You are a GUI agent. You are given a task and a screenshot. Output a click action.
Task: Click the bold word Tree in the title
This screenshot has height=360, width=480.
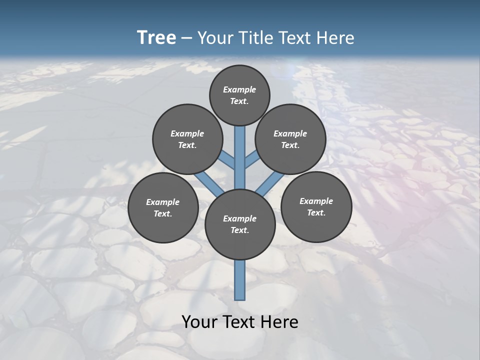tap(156, 37)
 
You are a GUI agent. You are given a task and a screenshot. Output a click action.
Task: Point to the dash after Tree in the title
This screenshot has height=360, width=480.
tap(186, 38)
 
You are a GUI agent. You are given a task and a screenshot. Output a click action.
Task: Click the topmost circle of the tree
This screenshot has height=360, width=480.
tap(239, 95)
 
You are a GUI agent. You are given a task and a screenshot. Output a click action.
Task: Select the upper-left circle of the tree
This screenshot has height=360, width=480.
tap(187, 139)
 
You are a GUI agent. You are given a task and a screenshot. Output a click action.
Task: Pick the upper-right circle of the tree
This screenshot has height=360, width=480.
tap(290, 139)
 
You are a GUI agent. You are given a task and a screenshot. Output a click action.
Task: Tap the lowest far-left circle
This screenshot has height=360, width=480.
tap(163, 207)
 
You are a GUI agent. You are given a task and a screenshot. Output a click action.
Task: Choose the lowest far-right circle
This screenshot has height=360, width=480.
tap(316, 206)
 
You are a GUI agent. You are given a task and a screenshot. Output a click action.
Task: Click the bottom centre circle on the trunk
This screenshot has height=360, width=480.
tap(240, 224)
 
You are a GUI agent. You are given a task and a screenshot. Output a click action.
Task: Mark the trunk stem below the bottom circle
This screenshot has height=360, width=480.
tap(240, 280)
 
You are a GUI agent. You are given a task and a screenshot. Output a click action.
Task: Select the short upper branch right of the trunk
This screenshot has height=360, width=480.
tap(251, 160)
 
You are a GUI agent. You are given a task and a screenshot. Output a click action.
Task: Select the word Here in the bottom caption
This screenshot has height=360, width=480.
tap(280, 322)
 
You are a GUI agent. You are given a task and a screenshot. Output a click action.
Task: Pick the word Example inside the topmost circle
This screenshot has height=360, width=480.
tap(239, 89)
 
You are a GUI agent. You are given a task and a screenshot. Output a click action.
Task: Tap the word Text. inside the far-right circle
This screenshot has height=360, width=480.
tap(316, 212)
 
